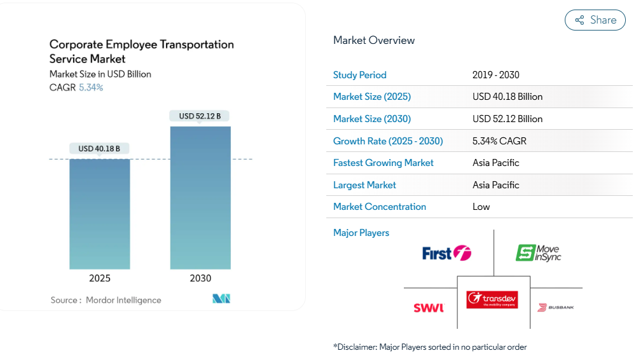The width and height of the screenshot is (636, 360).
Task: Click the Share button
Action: (x=595, y=20)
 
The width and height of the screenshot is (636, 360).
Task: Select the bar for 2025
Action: (x=99, y=213)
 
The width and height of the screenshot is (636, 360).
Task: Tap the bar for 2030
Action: (x=200, y=197)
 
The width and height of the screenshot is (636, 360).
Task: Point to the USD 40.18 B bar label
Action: (x=99, y=149)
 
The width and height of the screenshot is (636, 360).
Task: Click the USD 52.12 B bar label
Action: (x=200, y=116)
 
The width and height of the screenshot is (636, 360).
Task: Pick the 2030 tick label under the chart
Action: (x=200, y=279)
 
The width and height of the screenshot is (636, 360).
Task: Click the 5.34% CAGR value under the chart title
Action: (x=91, y=88)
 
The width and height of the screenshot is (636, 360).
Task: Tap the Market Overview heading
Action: (x=374, y=41)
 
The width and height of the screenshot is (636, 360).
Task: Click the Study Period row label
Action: (x=360, y=75)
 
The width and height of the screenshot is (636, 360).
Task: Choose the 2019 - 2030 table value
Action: (x=496, y=75)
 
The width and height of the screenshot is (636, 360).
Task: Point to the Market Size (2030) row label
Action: (x=372, y=119)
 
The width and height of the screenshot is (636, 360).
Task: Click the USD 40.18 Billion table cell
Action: (x=508, y=97)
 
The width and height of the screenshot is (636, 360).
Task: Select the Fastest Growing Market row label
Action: (x=384, y=163)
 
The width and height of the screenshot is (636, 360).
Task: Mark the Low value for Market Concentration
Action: (x=481, y=207)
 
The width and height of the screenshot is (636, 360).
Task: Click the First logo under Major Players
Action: (x=446, y=253)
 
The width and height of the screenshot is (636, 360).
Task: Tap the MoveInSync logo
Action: (x=538, y=253)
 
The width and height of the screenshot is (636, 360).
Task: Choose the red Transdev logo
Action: (x=492, y=300)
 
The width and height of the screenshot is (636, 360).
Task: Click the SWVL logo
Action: (x=429, y=308)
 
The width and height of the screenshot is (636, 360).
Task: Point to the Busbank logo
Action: (x=556, y=308)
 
